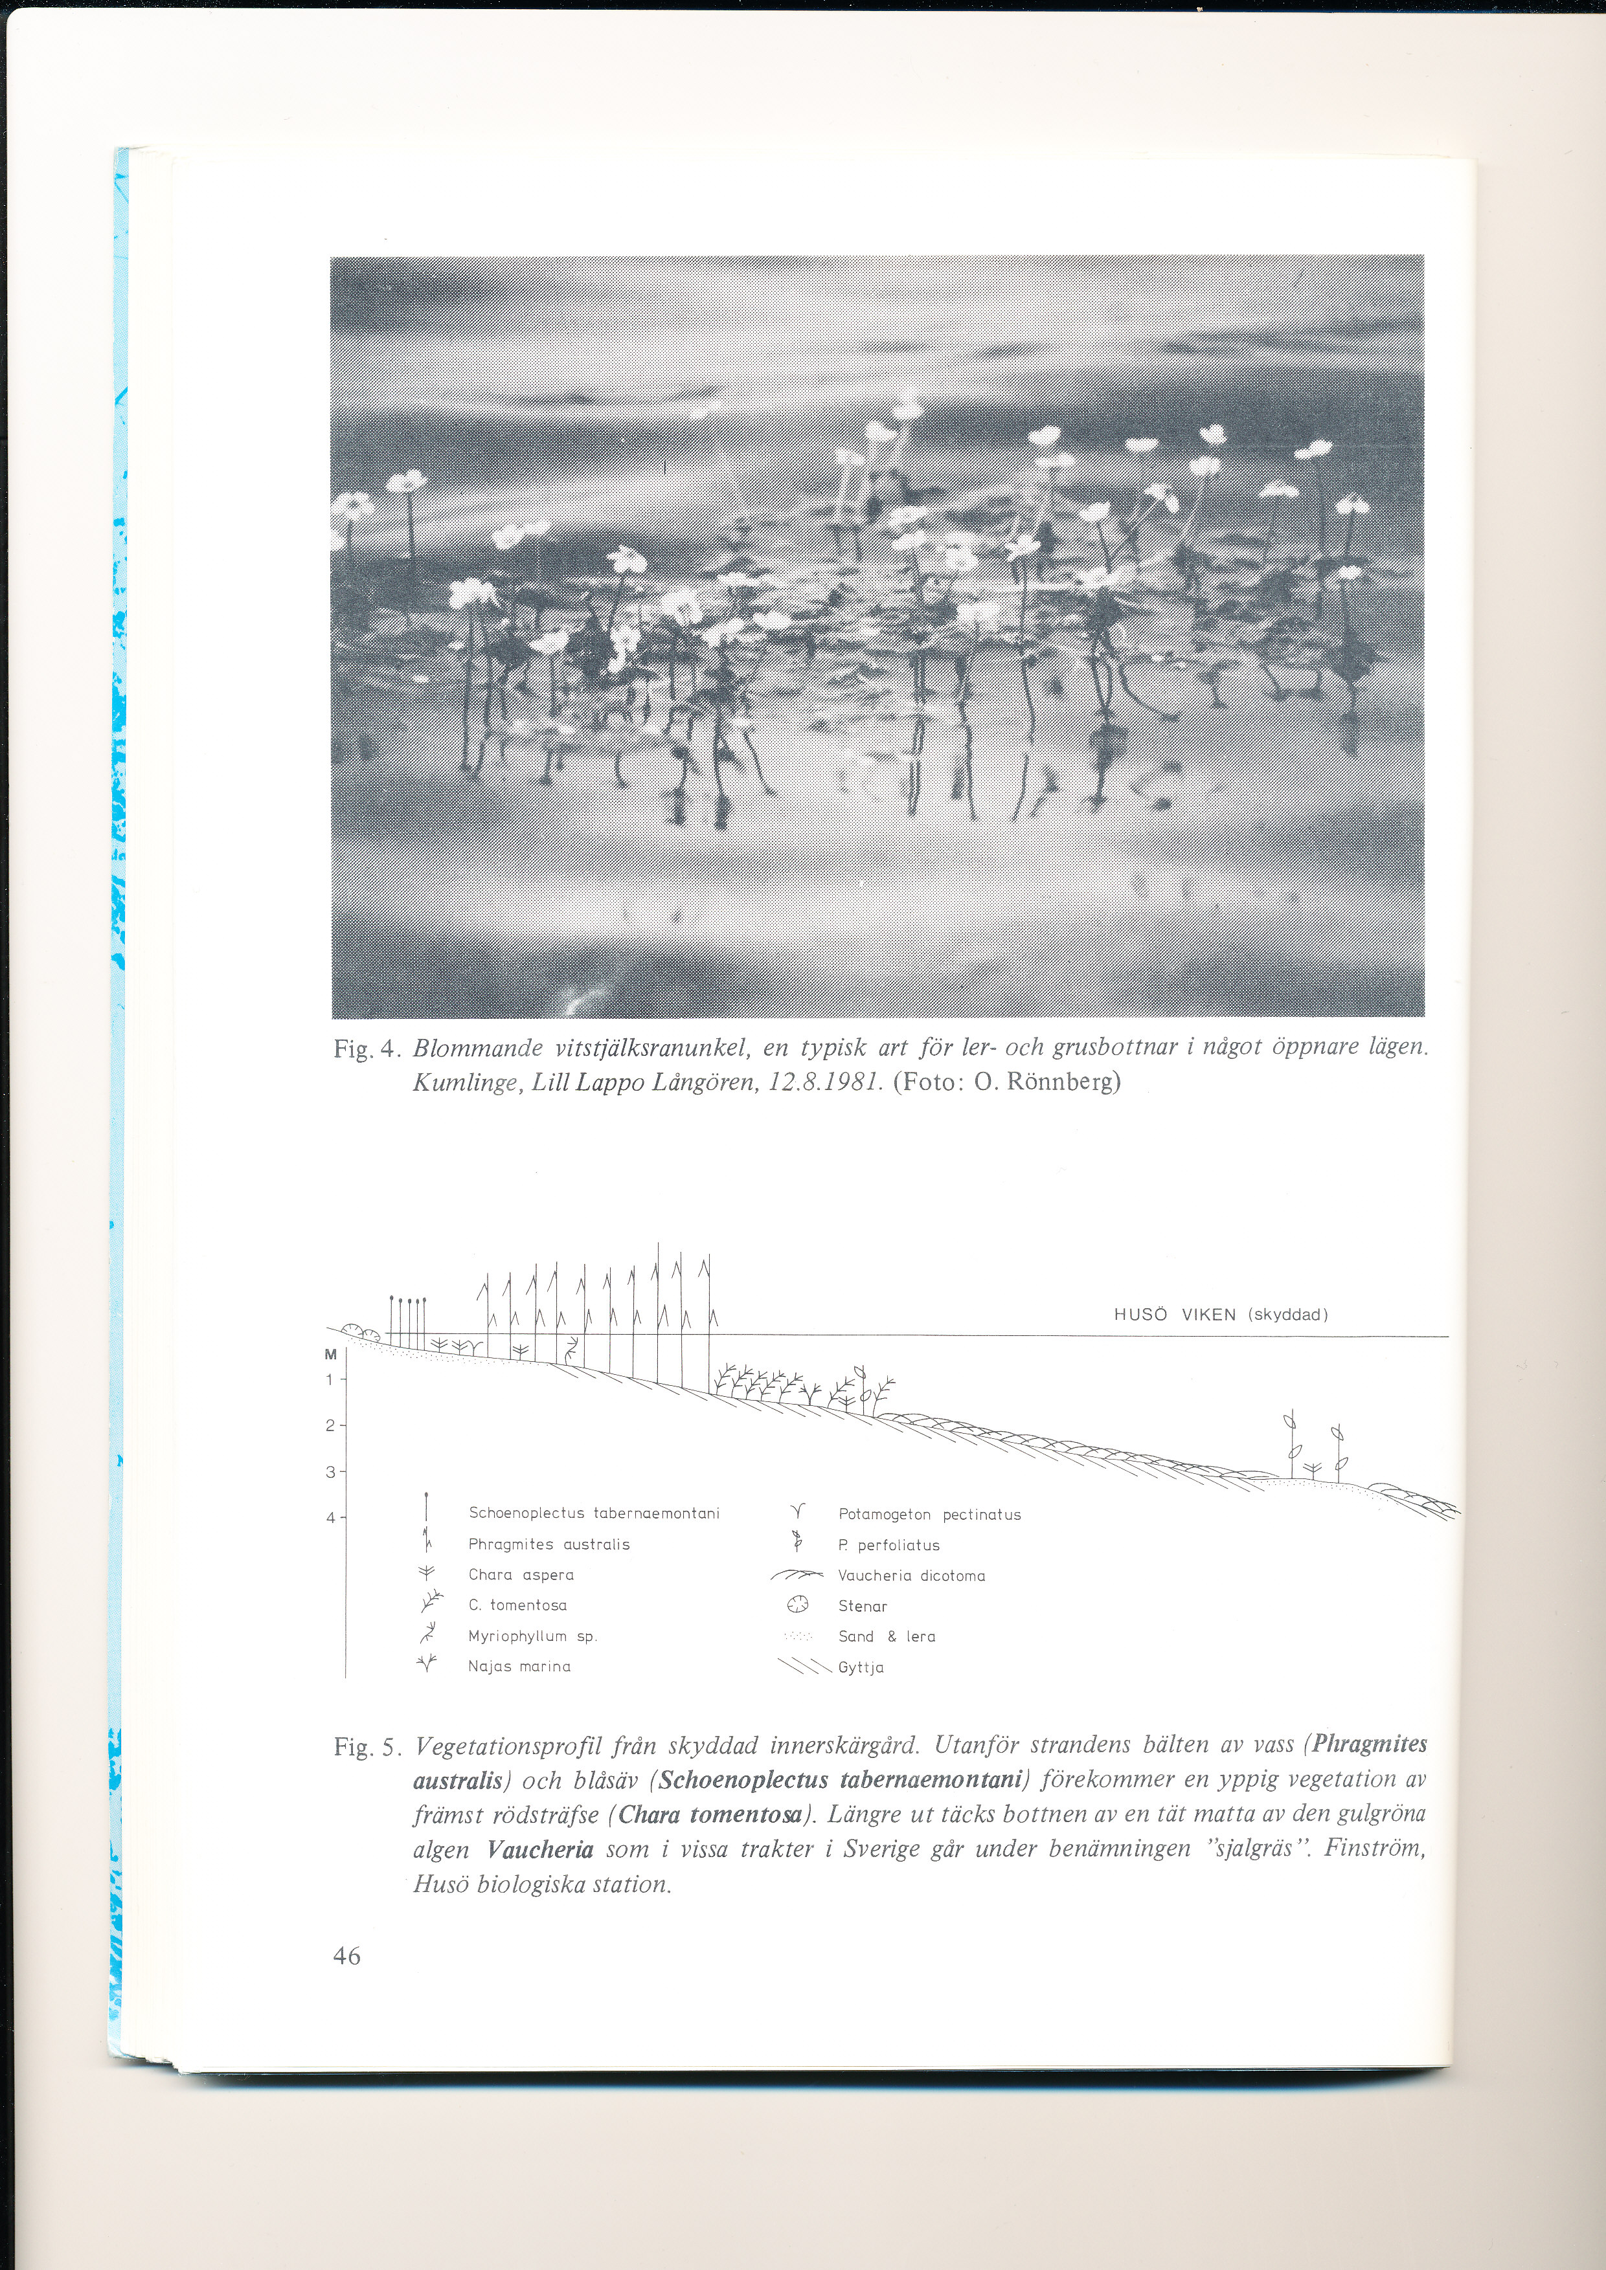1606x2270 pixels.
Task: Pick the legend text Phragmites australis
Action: pyautogui.click(x=549, y=1544)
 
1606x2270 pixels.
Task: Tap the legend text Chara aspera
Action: pyautogui.click(x=521, y=1575)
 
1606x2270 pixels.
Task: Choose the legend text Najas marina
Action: pyautogui.click(x=519, y=1667)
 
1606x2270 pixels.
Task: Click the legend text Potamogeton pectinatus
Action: pyautogui.click(x=929, y=1515)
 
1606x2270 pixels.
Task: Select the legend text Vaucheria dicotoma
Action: pyautogui.click(x=910, y=1576)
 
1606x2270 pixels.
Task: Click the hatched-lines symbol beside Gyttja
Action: pyautogui.click(x=804, y=1667)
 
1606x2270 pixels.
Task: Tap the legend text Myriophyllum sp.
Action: pyautogui.click(x=532, y=1636)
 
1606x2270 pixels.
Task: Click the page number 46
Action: pyautogui.click(x=347, y=1955)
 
